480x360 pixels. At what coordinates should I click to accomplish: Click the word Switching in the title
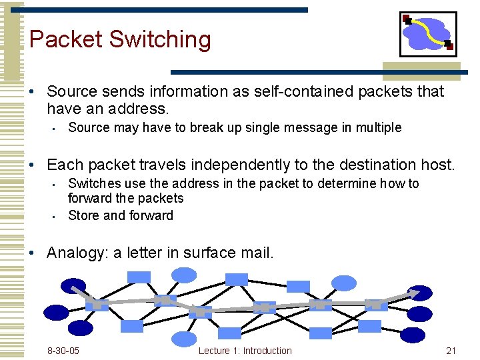[x=160, y=39]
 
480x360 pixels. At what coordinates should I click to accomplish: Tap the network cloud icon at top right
[x=428, y=34]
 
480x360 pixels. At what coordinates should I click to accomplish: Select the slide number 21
[x=451, y=351]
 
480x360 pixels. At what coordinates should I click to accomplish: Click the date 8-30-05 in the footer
[x=63, y=351]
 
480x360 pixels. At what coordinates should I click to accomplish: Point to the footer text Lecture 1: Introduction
[x=245, y=351]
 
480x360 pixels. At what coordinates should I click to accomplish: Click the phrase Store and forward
[x=121, y=215]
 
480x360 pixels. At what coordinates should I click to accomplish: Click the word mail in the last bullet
[x=255, y=253]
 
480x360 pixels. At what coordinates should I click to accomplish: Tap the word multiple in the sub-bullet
[x=377, y=127]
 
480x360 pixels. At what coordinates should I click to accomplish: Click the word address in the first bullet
[x=137, y=109]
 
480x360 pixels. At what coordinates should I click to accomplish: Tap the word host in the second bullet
[x=437, y=165]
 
